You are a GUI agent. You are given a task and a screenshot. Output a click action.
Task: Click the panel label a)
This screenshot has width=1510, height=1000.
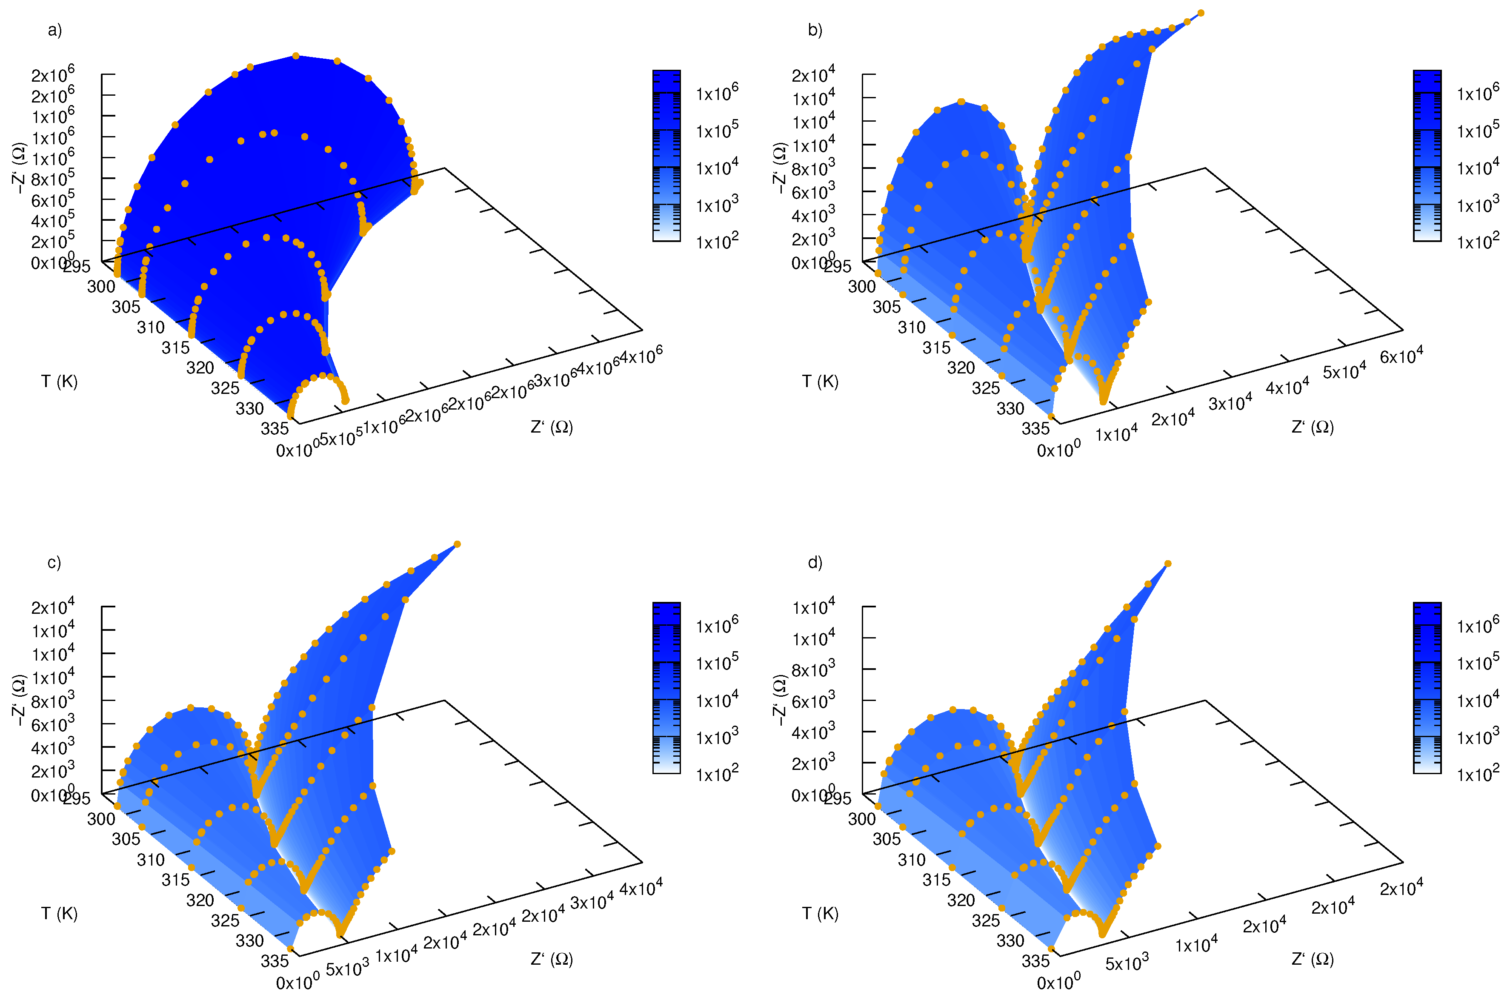[x=55, y=30]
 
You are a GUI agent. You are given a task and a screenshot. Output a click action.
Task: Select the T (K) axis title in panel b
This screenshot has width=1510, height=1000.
[x=820, y=382]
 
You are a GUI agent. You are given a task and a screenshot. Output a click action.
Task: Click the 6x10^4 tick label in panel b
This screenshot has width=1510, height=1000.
[x=1401, y=355]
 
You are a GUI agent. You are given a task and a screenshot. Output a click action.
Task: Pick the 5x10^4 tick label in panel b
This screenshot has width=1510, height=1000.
[x=1344, y=370]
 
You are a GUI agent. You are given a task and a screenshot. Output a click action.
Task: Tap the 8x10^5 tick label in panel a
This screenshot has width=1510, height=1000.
[x=52, y=179]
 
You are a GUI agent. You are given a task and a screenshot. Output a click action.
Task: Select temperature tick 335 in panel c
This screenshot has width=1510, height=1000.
[x=275, y=960]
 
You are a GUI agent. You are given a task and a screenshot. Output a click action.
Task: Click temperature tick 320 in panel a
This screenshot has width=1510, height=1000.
[x=200, y=368]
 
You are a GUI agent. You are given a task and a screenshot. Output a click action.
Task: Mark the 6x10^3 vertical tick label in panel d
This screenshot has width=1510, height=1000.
[x=813, y=701]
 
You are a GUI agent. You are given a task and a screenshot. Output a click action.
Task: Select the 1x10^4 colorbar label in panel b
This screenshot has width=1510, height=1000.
[x=1478, y=167]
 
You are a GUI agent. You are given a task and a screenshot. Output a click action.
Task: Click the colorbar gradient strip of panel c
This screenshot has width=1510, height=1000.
[x=666, y=687]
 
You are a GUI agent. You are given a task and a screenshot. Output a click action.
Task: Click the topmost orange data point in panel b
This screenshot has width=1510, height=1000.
[x=1201, y=13]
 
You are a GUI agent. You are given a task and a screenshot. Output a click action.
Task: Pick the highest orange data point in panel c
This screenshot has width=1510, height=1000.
[x=457, y=544]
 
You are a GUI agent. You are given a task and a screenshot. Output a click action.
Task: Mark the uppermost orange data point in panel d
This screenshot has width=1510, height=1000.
[x=1167, y=564]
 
